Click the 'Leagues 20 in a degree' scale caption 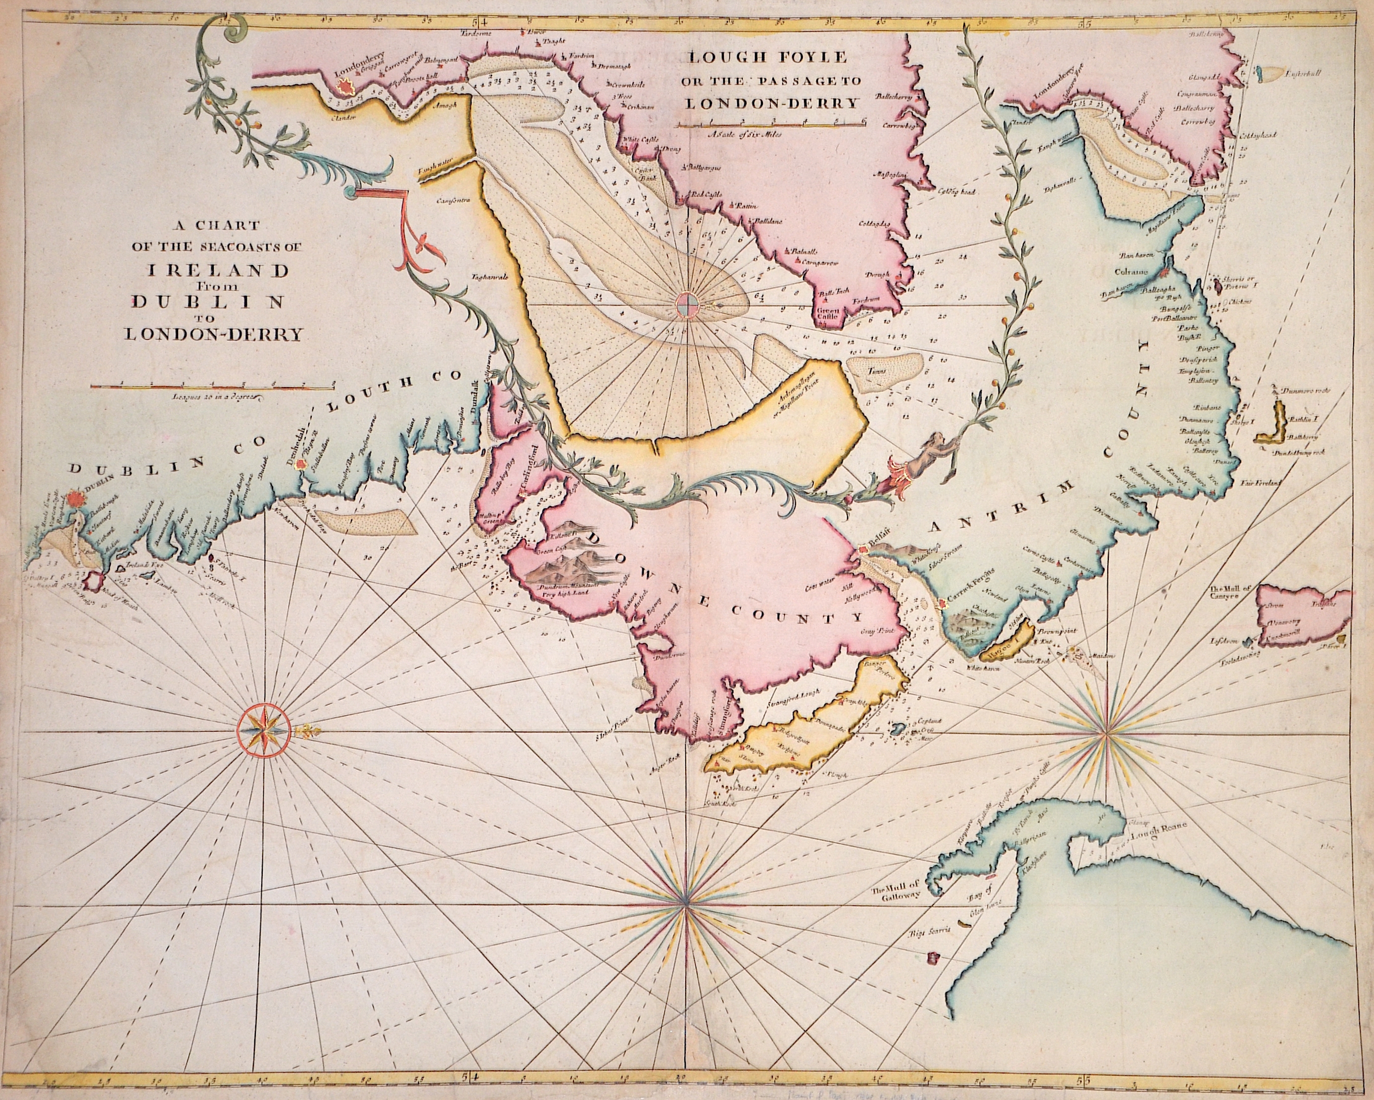[x=212, y=397]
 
